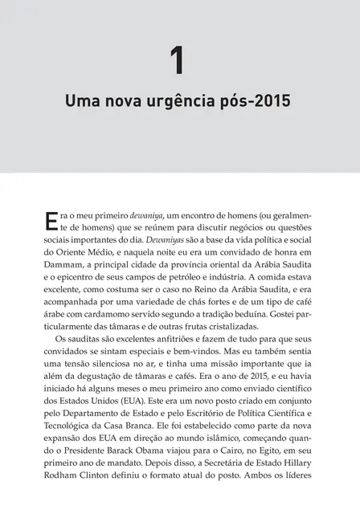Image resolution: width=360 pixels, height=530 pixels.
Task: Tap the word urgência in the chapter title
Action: (182, 104)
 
